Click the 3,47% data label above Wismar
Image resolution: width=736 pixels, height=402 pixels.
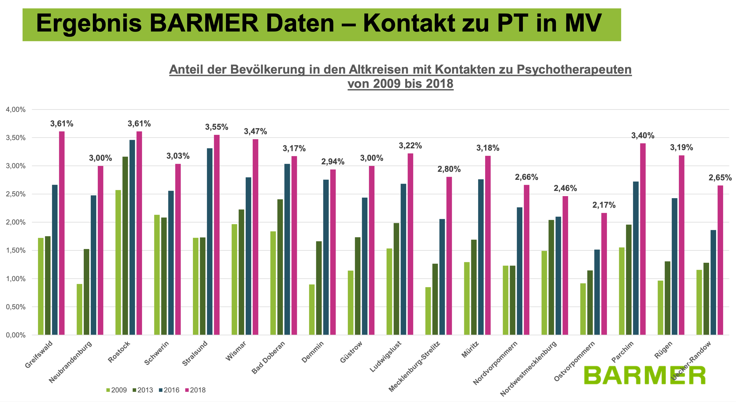(255, 131)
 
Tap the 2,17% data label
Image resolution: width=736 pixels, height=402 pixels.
(604, 205)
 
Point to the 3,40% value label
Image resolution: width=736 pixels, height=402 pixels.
(643, 135)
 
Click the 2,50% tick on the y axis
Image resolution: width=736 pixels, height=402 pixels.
(16, 194)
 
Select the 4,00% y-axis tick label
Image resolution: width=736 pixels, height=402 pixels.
(16, 110)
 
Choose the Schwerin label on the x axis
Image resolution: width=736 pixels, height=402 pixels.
(156, 353)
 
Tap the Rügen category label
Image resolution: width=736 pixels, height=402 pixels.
(663, 350)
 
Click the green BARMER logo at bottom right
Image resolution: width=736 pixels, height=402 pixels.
(644, 375)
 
